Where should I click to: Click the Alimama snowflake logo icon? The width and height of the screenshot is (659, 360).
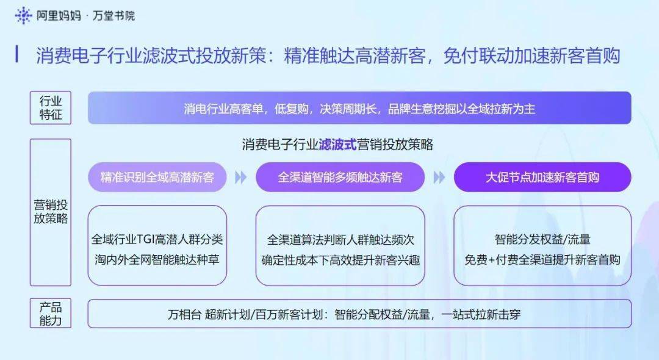pyautogui.click(x=23, y=15)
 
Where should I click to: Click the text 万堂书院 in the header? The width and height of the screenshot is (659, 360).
pyautogui.click(x=113, y=16)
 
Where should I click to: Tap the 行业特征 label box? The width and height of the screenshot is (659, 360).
pyautogui.click(x=51, y=107)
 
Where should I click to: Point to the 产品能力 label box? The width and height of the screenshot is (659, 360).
pyautogui.click(x=51, y=314)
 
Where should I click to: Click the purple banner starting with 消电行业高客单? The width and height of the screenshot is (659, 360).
pyautogui.click(x=359, y=108)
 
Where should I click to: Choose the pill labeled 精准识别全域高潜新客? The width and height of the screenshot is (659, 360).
pyautogui.click(x=157, y=178)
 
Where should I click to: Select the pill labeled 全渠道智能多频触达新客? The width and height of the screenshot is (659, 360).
pyautogui.click(x=340, y=178)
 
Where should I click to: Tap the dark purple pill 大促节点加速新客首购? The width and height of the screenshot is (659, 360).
pyautogui.click(x=542, y=178)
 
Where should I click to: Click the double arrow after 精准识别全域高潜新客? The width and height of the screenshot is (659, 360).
pyautogui.click(x=241, y=178)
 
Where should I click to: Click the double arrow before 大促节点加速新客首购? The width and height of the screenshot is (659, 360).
pyautogui.click(x=439, y=178)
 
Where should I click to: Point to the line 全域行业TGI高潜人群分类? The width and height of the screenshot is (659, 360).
pyautogui.click(x=157, y=239)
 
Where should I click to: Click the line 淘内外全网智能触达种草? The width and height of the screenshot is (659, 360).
pyautogui.click(x=157, y=259)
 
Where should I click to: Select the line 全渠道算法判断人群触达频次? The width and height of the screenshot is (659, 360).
pyautogui.click(x=340, y=239)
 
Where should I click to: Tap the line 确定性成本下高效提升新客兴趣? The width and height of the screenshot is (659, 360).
pyautogui.click(x=340, y=259)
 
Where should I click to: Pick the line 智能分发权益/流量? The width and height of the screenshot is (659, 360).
pyautogui.click(x=542, y=239)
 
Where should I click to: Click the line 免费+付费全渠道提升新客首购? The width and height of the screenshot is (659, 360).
pyautogui.click(x=542, y=259)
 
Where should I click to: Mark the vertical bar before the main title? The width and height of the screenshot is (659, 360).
pyautogui.click(x=17, y=54)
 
